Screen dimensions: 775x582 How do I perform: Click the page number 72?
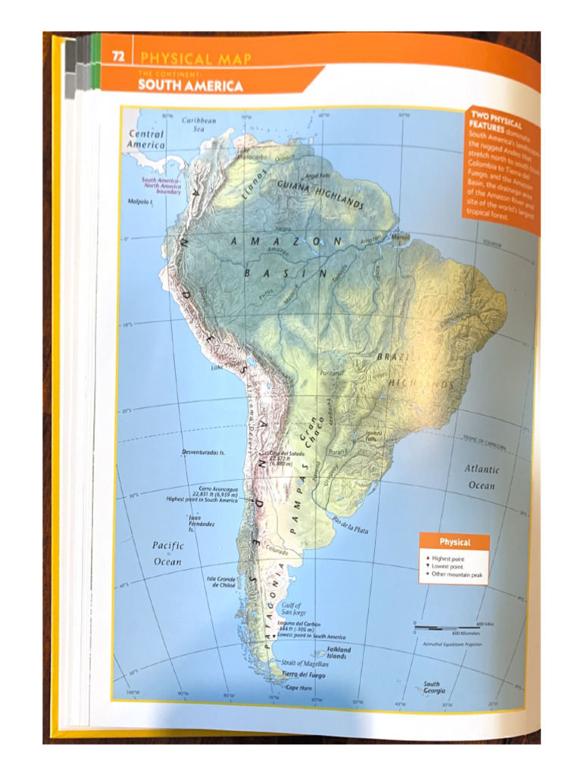[117, 57]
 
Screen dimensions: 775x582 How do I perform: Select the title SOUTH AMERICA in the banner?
[190, 86]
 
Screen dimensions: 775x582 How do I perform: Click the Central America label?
[145, 139]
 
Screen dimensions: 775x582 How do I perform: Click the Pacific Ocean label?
[167, 553]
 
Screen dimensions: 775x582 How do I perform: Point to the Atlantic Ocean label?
[481, 477]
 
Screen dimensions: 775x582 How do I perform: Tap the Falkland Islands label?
[338, 652]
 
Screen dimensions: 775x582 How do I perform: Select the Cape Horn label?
[299, 687]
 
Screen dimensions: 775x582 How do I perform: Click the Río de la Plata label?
[350, 524]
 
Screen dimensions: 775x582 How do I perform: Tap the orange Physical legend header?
[455, 542]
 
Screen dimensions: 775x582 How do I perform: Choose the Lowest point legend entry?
[448, 567]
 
